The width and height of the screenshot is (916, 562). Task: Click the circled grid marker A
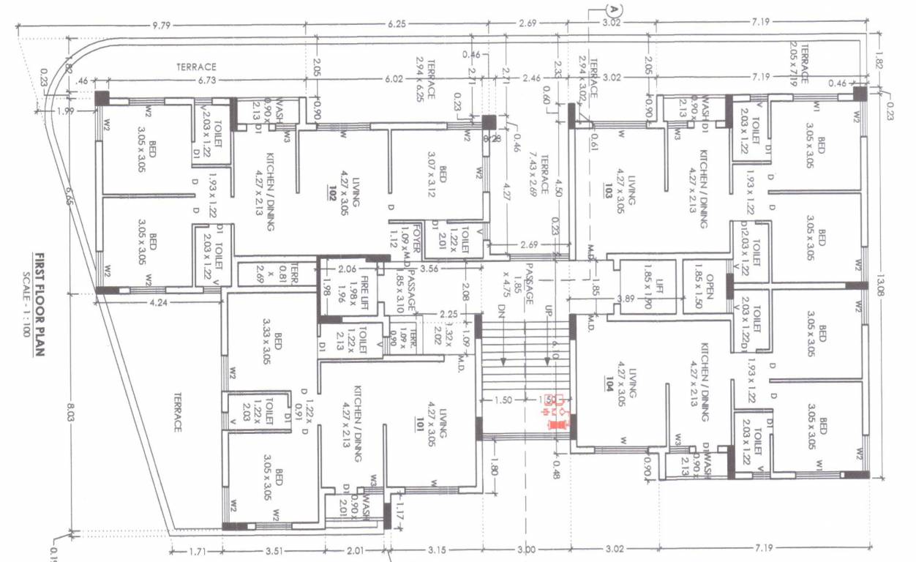tap(613, 10)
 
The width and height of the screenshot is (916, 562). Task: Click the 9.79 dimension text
tap(161, 25)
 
